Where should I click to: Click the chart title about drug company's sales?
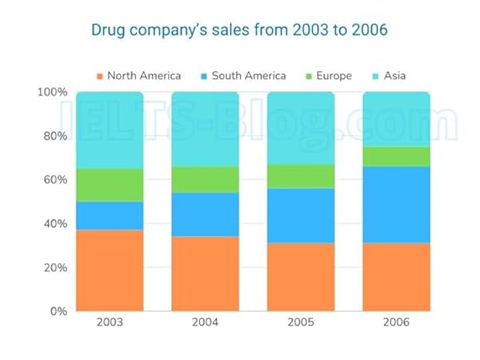click(x=239, y=30)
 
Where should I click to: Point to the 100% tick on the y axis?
click(x=52, y=92)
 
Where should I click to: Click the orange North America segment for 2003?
click(x=109, y=270)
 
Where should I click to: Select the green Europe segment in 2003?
click(x=109, y=185)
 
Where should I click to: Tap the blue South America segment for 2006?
click(x=396, y=204)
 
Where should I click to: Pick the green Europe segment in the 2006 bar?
click(x=396, y=156)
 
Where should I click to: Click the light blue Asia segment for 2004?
click(x=205, y=130)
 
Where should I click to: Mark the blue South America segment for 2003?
click(x=109, y=215)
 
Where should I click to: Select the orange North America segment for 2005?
click(x=300, y=276)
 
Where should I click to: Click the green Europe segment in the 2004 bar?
click(x=205, y=180)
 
